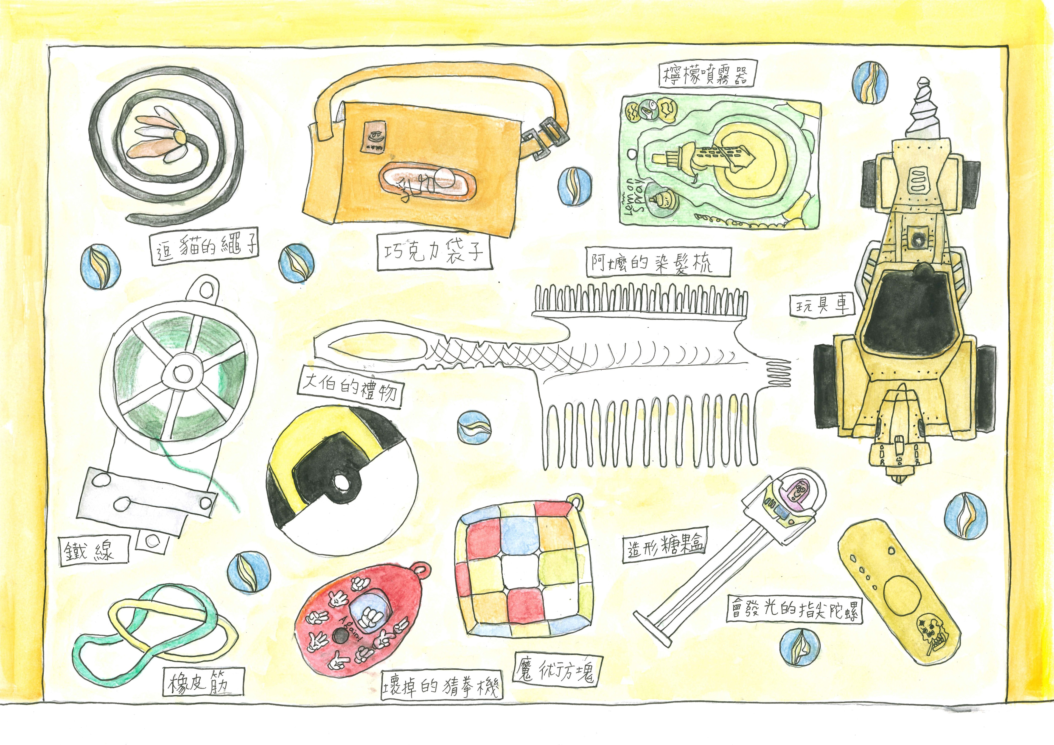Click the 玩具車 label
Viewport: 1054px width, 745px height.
[x=822, y=304]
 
